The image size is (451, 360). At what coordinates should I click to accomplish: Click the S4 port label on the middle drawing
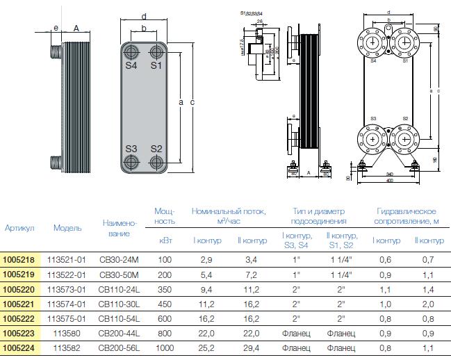[x=131, y=66]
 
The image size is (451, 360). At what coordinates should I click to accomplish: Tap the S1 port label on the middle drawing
[x=156, y=66]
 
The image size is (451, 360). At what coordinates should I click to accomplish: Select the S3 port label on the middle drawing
[x=131, y=149]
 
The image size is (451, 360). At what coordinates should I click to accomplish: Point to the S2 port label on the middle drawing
[x=156, y=149]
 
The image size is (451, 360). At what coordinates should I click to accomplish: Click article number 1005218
[x=18, y=259]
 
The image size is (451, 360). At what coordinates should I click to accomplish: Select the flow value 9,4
[x=207, y=290]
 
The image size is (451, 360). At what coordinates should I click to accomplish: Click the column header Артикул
[x=19, y=228]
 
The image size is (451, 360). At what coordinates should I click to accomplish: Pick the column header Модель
[x=67, y=228]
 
